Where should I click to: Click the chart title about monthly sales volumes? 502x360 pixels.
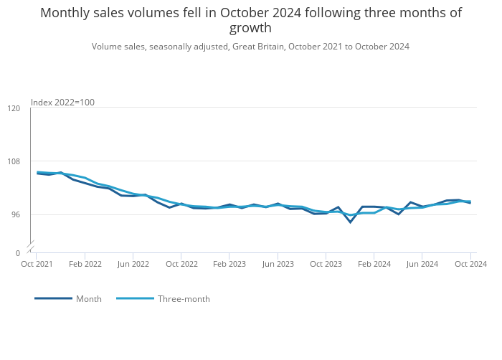click(250, 20)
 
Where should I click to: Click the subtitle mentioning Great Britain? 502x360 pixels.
click(250, 47)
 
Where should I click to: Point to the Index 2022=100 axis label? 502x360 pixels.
click(62, 103)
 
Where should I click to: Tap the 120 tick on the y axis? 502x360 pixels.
click(14, 108)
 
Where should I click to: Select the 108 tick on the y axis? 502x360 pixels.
click(14, 161)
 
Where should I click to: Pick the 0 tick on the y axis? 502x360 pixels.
click(17, 253)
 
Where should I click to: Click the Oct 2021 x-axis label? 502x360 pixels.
click(37, 264)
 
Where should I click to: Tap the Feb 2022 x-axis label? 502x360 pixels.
click(85, 264)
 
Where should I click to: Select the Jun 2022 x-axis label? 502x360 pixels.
click(133, 264)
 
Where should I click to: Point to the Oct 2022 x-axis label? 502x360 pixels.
click(181, 264)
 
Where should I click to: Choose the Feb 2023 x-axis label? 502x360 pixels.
click(229, 264)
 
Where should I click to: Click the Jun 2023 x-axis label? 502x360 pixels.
click(278, 264)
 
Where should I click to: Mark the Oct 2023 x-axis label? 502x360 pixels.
click(326, 264)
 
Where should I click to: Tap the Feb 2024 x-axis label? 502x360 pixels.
click(374, 264)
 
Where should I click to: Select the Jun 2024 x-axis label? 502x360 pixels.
click(422, 264)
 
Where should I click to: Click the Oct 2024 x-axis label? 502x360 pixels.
click(471, 264)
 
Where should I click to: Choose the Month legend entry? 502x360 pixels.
click(88, 299)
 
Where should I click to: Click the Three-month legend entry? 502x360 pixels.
click(184, 299)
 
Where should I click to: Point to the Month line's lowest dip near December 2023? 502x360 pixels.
click(351, 222)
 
